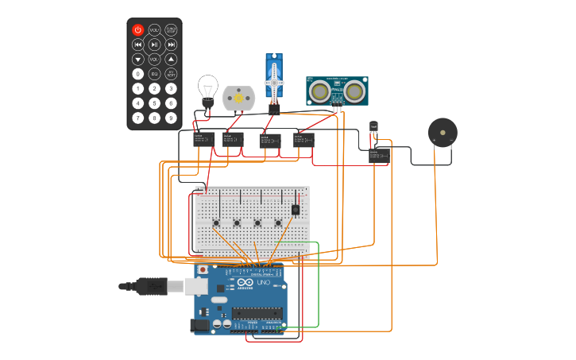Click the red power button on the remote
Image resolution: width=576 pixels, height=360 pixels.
137,29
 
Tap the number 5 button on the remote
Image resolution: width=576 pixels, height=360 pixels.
154,103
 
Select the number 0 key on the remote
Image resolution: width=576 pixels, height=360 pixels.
137,74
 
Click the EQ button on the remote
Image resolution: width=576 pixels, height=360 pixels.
154,74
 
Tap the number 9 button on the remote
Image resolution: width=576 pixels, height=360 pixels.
171,118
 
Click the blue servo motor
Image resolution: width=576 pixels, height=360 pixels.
274,79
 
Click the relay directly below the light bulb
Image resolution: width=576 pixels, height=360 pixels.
204,140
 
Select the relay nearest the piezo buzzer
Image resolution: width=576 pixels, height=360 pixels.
378,155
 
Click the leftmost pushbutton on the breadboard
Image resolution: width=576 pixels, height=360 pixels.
216,222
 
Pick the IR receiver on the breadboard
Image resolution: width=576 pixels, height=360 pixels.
296,210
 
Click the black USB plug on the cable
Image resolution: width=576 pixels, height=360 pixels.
150,286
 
